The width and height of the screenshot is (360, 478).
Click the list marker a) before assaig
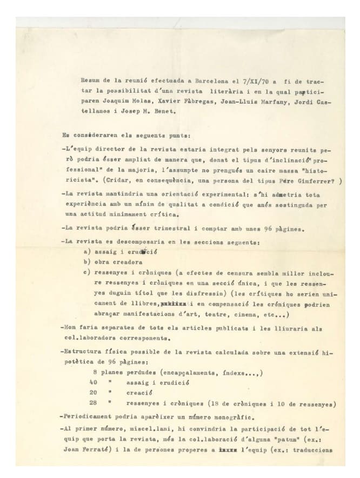click(86, 251)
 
